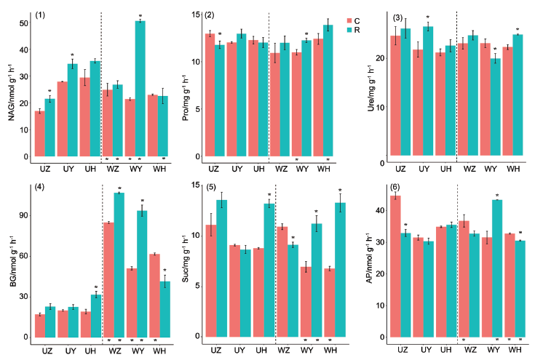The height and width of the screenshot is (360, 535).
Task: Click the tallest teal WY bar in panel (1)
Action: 140,87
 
